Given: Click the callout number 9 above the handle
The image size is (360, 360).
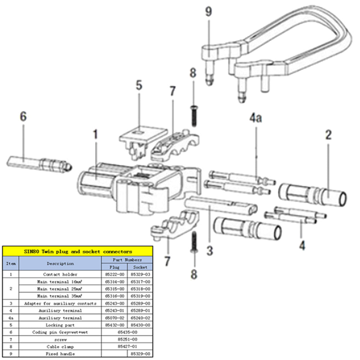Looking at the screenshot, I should tap(208, 12).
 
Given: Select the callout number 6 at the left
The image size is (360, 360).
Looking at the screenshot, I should tap(23, 117).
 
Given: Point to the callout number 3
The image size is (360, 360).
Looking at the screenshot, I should tap(210, 250).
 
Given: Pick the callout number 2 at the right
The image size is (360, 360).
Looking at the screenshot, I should tap(328, 135).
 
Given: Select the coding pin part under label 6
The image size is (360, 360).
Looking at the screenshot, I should tap(40, 164).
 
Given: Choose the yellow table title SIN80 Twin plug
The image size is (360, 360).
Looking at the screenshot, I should tap(78, 251).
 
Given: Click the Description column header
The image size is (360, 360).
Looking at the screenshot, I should tap(60, 264).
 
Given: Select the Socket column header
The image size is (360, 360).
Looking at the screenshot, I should tap(140, 267).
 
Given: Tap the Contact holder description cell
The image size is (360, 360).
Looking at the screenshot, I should tap(60, 274).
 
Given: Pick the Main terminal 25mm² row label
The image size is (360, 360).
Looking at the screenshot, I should tap(60, 289).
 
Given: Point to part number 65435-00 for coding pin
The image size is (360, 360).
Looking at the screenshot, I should tap(127, 332).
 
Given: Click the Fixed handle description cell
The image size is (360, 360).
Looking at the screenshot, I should tap(60, 354).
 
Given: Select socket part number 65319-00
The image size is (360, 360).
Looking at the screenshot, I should tap(140, 296).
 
